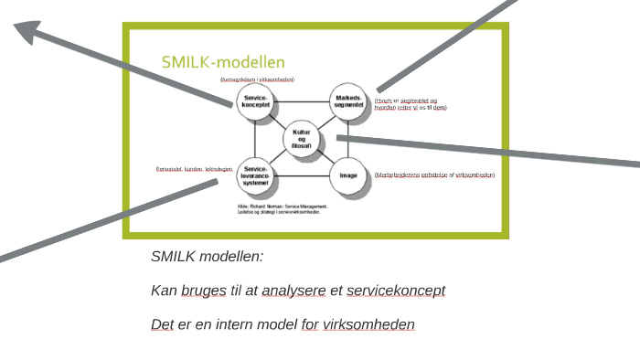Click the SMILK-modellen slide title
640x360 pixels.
223,62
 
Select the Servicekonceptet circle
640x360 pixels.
255,102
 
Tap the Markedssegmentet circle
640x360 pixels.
348,102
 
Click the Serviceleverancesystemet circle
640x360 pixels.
256,176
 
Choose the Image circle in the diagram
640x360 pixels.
348,176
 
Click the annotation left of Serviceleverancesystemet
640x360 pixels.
194,169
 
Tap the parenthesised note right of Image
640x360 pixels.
434,175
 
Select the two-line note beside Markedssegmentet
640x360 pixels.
411,104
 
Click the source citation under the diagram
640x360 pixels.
282,209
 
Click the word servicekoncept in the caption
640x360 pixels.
396,291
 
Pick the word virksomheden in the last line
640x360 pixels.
368,324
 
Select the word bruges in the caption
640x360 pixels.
204,291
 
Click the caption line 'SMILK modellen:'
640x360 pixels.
207,257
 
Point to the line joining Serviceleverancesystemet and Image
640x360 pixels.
302,175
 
